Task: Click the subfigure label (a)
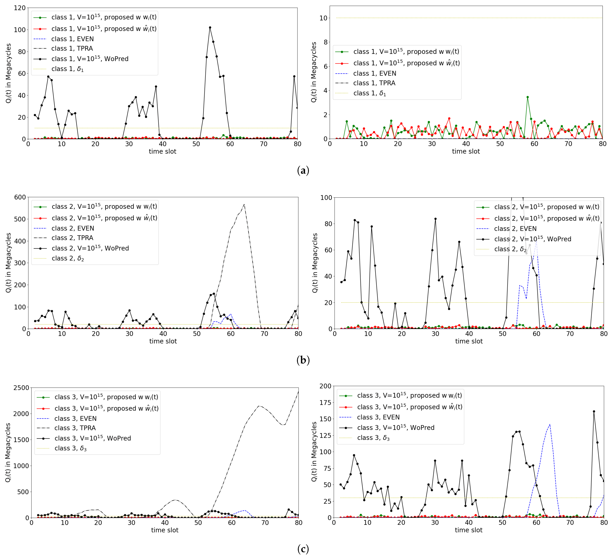[x=303, y=171]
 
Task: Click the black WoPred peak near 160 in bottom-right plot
[x=594, y=412]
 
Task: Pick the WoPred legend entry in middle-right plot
[x=532, y=239]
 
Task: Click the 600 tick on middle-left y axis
[x=20, y=197]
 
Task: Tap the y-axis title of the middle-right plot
[x=315, y=263]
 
